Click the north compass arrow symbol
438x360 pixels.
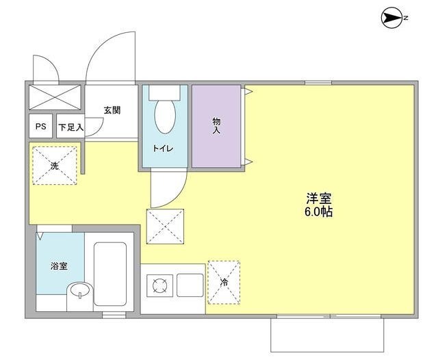click(x=391, y=18)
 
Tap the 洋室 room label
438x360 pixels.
click(x=319, y=198)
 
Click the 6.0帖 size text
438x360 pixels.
click(x=319, y=212)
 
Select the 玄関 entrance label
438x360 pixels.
click(x=112, y=109)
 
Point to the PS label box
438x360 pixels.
click(x=40, y=127)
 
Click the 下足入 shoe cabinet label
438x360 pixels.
click(x=70, y=127)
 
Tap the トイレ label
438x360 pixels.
click(x=163, y=148)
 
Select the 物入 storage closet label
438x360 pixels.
click(x=216, y=125)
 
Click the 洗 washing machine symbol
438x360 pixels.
click(x=54, y=165)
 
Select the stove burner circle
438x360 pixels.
click(x=159, y=285)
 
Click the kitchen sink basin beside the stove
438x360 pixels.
click(x=190, y=285)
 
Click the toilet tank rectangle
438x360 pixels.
click(x=164, y=92)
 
